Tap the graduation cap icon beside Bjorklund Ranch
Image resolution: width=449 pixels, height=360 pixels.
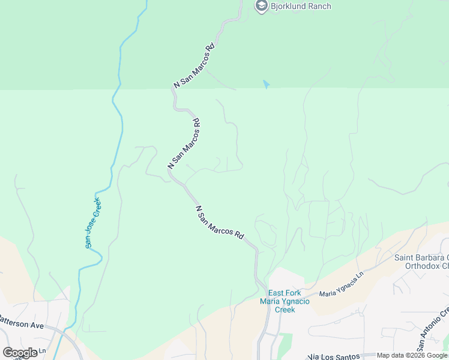point(261,7)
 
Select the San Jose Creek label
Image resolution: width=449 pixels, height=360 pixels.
point(93,221)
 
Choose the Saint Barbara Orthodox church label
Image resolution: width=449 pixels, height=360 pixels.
point(421,262)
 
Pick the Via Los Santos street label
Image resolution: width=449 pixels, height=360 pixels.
point(333,356)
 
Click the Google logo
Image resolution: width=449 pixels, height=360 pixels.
point(20,352)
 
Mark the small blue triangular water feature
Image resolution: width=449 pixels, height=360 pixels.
point(266,85)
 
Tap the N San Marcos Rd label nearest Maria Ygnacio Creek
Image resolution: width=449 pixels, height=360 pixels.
point(219,222)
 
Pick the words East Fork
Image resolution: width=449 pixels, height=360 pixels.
point(285,293)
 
